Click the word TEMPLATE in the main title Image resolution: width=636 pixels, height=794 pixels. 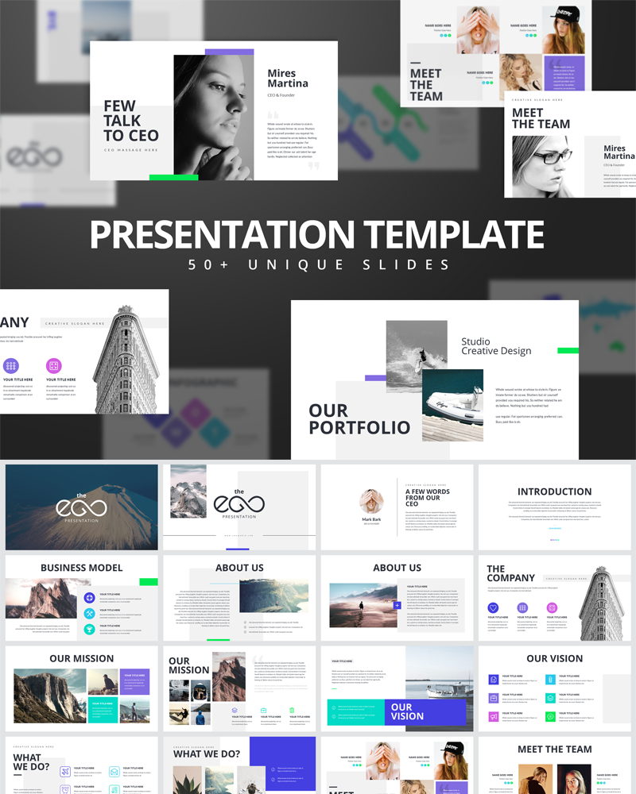[x=453, y=234]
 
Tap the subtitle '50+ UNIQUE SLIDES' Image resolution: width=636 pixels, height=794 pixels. [x=318, y=264]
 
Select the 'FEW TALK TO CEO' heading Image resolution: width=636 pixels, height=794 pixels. [x=131, y=121]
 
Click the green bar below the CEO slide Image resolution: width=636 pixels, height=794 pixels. [x=173, y=177]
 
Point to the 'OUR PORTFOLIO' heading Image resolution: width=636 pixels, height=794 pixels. [x=359, y=419]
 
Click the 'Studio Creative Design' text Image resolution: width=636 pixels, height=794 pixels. [x=496, y=346]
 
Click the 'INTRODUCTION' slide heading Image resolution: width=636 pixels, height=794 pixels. [x=554, y=491]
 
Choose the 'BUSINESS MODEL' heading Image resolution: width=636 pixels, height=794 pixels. [x=82, y=568]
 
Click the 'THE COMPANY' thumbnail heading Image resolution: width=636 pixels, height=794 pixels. [x=510, y=573]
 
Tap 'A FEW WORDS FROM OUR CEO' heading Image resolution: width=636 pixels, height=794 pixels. [x=428, y=497]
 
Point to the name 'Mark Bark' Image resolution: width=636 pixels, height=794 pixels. [x=371, y=519]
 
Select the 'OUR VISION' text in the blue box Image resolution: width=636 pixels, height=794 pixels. [x=401, y=711]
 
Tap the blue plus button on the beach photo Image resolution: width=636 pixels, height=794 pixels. [x=397, y=605]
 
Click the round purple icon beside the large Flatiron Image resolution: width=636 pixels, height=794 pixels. [x=11, y=366]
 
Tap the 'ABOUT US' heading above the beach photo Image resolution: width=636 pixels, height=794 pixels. [x=397, y=568]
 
